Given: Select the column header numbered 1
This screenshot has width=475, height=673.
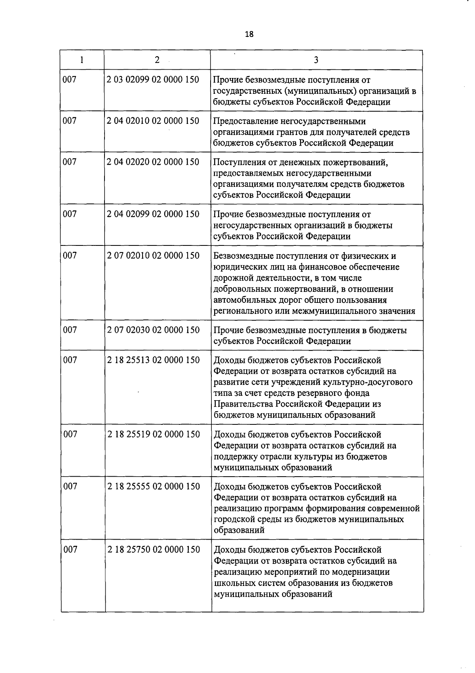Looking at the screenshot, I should click(82, 60).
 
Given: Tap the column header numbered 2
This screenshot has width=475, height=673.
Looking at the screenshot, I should click(157, 60).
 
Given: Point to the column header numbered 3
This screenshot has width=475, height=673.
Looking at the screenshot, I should click(316, 60).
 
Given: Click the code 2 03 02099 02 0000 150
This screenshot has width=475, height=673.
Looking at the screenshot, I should click(153, 80).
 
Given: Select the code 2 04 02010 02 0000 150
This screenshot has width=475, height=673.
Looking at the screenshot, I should click(153, 121).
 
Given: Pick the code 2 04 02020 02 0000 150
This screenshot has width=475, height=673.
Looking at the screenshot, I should click(153, 162).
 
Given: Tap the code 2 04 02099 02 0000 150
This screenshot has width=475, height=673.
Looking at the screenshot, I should click(153, 214).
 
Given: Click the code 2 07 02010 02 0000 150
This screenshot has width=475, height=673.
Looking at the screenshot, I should click(153, 256).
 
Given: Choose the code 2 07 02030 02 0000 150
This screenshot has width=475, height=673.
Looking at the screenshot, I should click(153, 330).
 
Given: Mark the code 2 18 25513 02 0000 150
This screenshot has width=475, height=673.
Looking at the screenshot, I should click(153, 360).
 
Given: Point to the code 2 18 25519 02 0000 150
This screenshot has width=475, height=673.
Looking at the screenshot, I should click(154, 434).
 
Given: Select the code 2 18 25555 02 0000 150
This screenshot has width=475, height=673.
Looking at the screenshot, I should click(154, 487).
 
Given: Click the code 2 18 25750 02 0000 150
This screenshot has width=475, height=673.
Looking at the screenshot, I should click(154, 549).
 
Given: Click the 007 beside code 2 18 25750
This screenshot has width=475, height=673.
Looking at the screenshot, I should click(70, 549).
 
